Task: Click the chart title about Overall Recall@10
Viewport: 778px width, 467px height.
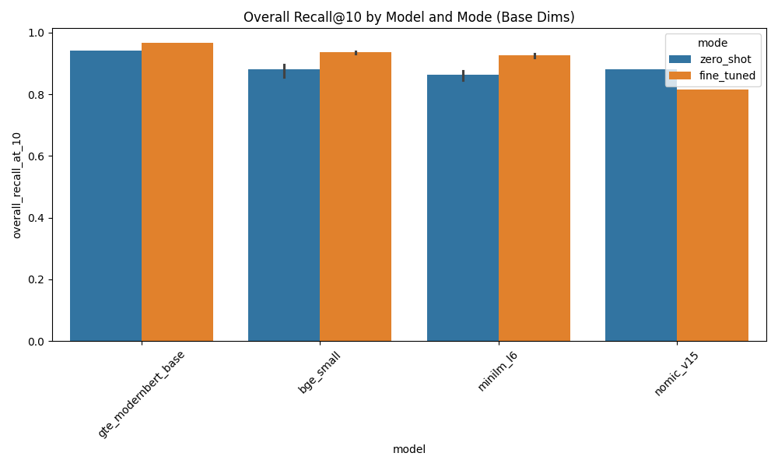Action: coord(408,17)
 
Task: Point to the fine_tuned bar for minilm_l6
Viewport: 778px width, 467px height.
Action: coord(534,198)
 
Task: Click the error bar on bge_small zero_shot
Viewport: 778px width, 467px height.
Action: coord(284,71)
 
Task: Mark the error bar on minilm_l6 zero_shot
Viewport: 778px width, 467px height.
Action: coord(463,75)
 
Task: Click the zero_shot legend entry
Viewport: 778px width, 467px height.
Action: coord(714,59)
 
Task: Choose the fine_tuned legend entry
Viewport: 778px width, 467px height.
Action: coord(714,75)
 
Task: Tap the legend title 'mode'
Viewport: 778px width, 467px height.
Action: coord(712,44)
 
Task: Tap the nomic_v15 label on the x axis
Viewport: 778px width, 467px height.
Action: coord(677,374)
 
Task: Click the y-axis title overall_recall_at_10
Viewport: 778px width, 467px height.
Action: coord(16,184)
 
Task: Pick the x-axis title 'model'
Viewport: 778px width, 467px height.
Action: coord(408,449)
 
